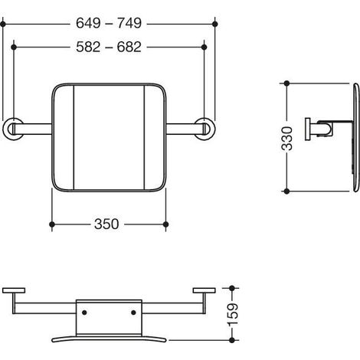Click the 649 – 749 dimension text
pyautogui.click(x=109, y=23)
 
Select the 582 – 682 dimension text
pyautogui.click(x=109, y=47)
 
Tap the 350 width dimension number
pyautogui.click(x=106, y=224)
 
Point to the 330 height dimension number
pyautogui.click(x=287, y=138)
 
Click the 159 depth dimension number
pyautogui.click(x=232, y=315)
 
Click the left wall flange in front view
pyautogui.click(x=12, y=129)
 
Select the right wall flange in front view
pyautogui.click(x=205, y=129)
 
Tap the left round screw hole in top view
pyautogui.click(x=84, y=313)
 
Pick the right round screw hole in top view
pyautogui.click(x=133, y=313)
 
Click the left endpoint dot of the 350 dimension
pyautogui.click(x=52, y=224)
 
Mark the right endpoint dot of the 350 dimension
pyautogui.click(x=165, y=224)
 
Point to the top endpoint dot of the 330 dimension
pyautogui.click(x=286, y=83)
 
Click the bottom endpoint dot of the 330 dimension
pyautogui.click(x=286, y=191)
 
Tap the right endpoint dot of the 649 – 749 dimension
pyautogui.click(x=215, y=24)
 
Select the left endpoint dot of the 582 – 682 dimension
pyautogui.click(x=14, y=47)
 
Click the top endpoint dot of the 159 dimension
pyautogui.click(x=232, y=288)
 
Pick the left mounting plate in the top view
pyautogui.click(x=14, y=290)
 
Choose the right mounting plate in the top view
pyautogui.click(x=204, y=290)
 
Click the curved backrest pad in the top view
pyautogui.click(x=109, y=339)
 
